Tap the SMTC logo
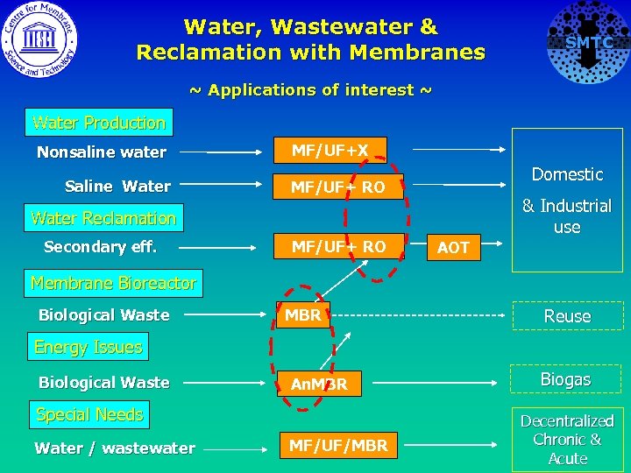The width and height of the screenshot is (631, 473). (x=588, y=42)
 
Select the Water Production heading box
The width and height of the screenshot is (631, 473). (x=98, y=124)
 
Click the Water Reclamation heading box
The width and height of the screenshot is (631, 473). (x=103, y=218)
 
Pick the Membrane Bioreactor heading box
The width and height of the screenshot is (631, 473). (x=113, y=283)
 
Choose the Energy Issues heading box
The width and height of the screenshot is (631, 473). (x=88, y=347)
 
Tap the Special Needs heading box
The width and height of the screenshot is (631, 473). (x=89, y=414)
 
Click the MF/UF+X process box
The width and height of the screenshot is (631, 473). (x=330, y=151)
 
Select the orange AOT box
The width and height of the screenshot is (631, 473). (x=453, y=248)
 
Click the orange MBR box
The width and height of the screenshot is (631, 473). (x=304, y=314)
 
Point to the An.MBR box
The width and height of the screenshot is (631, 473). (x=319, y=384)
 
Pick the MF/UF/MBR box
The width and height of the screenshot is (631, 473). (x=338, y=446)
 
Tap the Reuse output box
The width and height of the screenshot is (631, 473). (x=568, y=316)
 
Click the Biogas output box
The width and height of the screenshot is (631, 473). (x=565, y=379)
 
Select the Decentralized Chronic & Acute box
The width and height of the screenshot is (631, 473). (x=568, y=440)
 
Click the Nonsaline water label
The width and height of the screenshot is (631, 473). (x=102, y=152)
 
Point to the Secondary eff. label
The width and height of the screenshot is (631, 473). (x=100, y=247)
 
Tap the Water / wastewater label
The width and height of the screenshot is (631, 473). (x=115, y=448)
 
